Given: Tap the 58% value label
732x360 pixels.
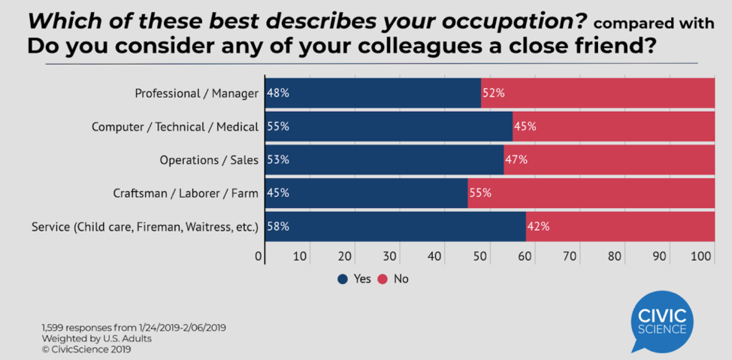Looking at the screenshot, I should point(278,225).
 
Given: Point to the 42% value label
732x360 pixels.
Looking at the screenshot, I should point(538,225).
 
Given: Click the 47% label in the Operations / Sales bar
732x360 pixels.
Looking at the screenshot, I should point(516,159).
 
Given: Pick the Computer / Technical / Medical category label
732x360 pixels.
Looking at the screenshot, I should point(175,126).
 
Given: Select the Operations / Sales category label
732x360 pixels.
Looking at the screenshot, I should point(209,159).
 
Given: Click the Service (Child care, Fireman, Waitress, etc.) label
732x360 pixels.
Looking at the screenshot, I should point(145,225).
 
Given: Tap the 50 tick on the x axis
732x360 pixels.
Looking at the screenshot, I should point(479,256).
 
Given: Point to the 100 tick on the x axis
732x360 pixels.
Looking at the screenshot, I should point(702,256).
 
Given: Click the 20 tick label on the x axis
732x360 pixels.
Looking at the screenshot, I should point(345,256).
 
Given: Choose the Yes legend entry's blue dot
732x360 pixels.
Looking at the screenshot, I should point(343,279).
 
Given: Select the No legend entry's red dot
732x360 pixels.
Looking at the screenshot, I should point(383,279).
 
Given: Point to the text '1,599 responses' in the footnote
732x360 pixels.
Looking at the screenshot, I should point(80,328).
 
